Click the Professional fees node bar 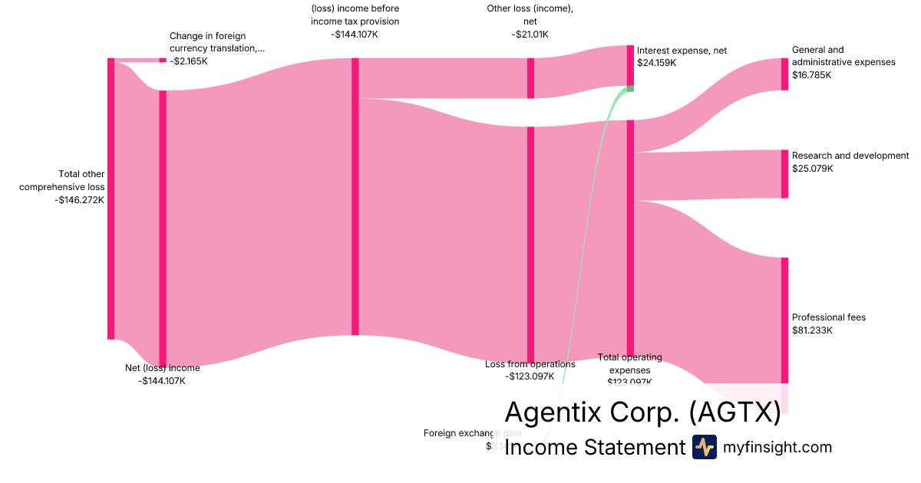784,320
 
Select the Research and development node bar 784,174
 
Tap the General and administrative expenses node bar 784,74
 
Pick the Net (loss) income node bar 163,228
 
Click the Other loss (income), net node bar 530,78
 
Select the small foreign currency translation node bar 163,60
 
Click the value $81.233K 813,330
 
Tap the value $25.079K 813,169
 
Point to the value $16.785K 812,75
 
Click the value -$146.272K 80,200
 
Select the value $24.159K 657,63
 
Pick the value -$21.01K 530,34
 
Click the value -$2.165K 189,61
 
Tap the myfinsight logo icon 704,447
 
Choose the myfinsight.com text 777,447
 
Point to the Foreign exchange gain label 472,433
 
